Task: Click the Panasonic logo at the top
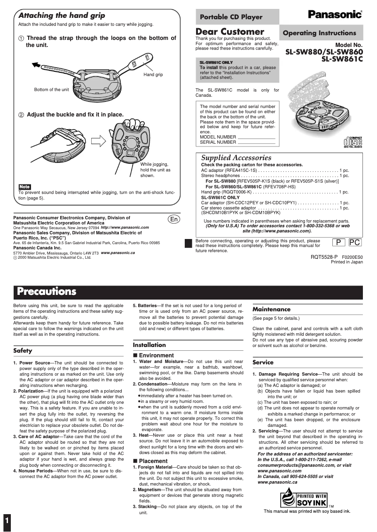tap(335, 15)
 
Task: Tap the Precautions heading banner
tap(47, 291)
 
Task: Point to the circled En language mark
tap(173, 219)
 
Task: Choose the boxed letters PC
tap(355, 242)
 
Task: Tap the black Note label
tap(24, 187)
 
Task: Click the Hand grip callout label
tap(153, 75)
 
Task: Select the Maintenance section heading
tap(271, 309)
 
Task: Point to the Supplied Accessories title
tap(236, 158)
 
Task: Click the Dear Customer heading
tap(229, 31)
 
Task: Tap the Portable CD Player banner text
tap(231, 17)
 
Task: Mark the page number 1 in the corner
tap(7, 521)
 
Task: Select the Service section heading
tap(263, 362)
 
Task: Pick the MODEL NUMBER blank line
tap(256, 137)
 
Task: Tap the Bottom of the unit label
tap(51, 89)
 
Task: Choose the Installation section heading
tap(149, 345)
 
